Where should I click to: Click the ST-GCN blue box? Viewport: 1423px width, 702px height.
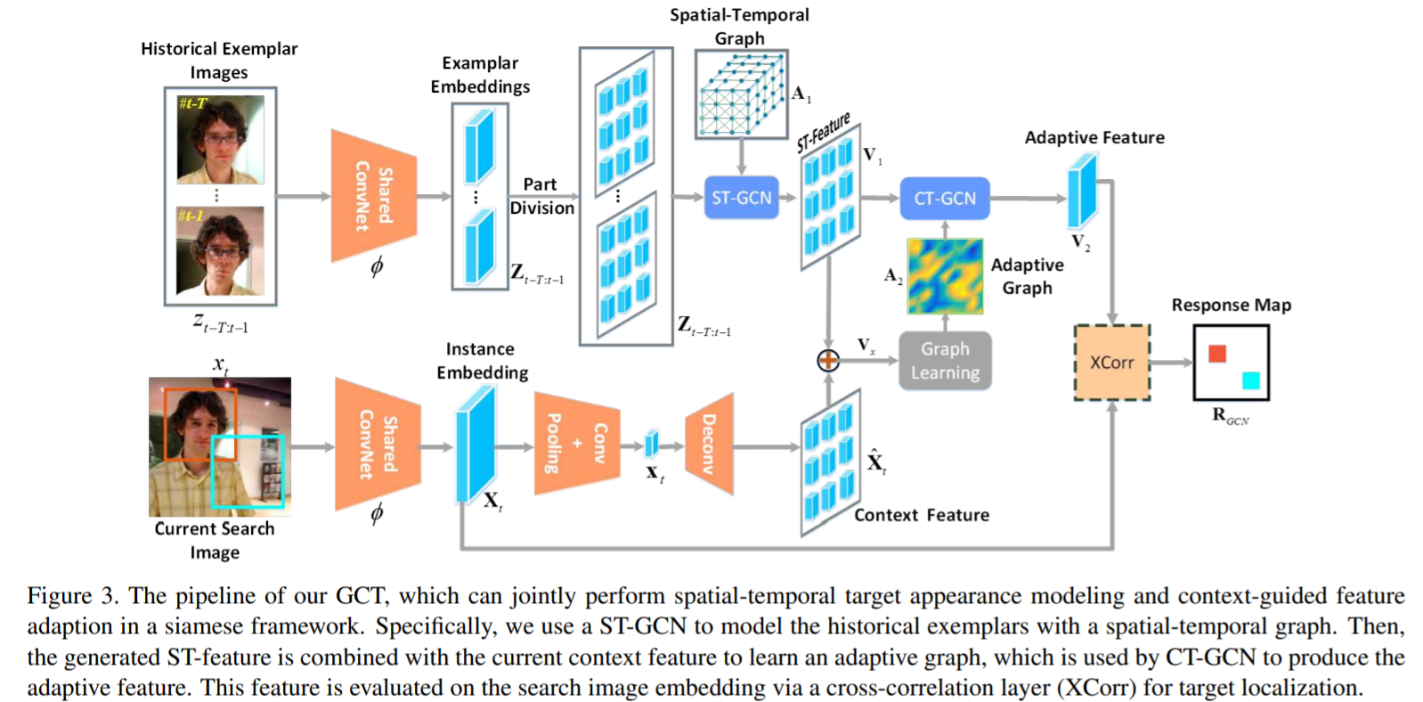pos(741,198)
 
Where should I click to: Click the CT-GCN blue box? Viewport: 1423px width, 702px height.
pos(945,198)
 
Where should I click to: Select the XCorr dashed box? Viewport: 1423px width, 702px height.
pos(1111,363)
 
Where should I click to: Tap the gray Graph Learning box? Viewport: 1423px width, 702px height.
pos(945,361)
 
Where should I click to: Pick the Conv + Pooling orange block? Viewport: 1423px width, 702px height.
pos(576,444)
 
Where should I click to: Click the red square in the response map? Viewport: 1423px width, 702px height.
pos(1217,354)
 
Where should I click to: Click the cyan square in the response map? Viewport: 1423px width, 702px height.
pos(1250,380)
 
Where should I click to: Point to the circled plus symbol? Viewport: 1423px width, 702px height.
pos(828,360)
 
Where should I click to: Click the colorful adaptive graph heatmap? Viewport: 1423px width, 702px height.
pos(945,275)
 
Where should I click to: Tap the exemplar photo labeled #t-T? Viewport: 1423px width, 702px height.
pos(220,140)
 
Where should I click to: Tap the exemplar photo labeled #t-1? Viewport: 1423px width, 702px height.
pos(220,250)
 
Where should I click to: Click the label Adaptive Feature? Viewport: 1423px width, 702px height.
pos(1094,137)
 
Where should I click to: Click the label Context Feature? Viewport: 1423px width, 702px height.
pos(922,515)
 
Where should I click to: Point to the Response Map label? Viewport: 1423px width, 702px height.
pos(1231,305)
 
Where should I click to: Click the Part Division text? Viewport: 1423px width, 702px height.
pos(541,196)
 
